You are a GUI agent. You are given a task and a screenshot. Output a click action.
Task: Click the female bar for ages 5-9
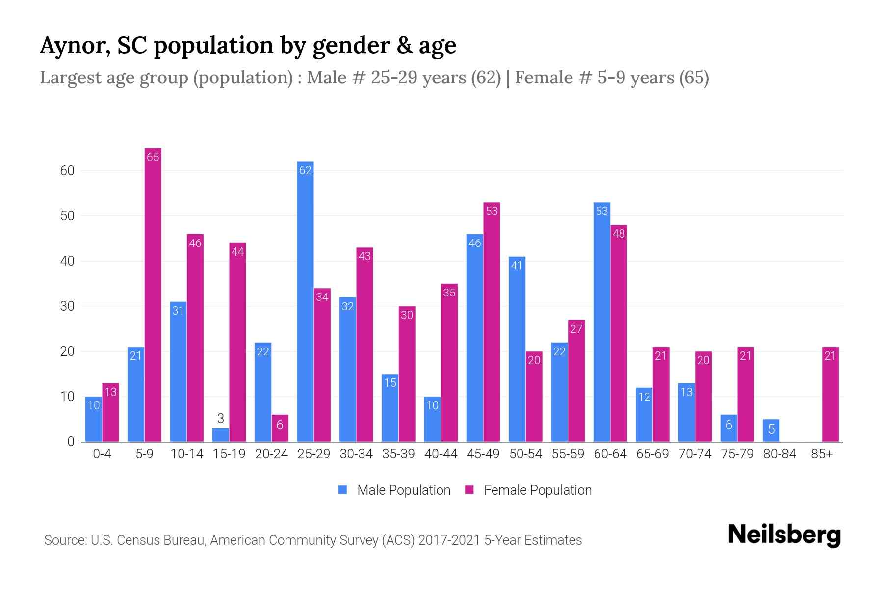[x=153, y=294]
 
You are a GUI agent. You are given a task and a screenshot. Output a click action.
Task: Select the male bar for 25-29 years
[x=305, y=302]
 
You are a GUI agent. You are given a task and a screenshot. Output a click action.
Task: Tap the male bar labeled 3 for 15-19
[x=221, y=435]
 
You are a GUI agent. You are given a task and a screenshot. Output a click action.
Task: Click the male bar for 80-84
[x=771, y=430]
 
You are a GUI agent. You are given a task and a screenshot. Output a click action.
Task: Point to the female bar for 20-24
[x=280, y=428]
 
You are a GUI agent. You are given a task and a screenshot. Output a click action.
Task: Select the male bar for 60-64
[x=602, y=322]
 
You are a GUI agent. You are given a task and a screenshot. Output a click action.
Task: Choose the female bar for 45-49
[x=492, y=322]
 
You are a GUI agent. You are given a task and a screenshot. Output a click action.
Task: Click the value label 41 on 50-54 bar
[x=517, y=266]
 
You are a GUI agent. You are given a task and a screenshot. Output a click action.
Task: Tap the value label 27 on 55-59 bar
[x=576, y=329]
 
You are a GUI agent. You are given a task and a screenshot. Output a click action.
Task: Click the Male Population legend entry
[x=394, y=490]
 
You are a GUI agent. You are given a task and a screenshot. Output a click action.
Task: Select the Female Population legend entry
[x=528, y=490]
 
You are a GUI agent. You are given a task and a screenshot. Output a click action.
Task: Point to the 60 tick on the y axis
[x=67, y=171]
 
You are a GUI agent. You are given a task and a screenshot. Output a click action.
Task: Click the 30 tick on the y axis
[x=67, y=306]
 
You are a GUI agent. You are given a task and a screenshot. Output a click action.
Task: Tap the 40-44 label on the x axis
[x=441, y=454]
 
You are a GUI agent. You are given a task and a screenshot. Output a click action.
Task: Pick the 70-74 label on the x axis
[x=695, y=454]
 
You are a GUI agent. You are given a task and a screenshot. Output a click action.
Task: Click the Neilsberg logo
[x=784, y=535]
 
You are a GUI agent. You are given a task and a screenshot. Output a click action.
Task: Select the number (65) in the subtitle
[x=694, y=78]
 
